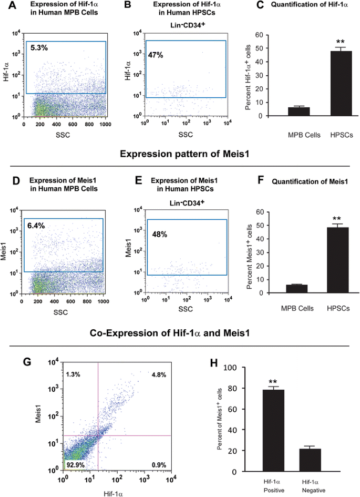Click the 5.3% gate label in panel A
coord(39,48)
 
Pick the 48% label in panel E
coord(159,234)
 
